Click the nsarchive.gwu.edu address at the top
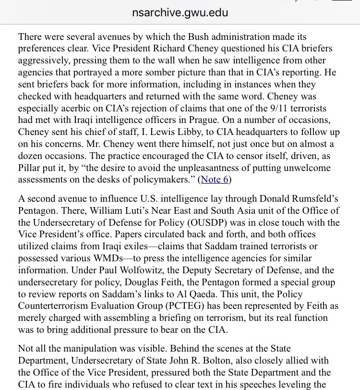tap(180, 12)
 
